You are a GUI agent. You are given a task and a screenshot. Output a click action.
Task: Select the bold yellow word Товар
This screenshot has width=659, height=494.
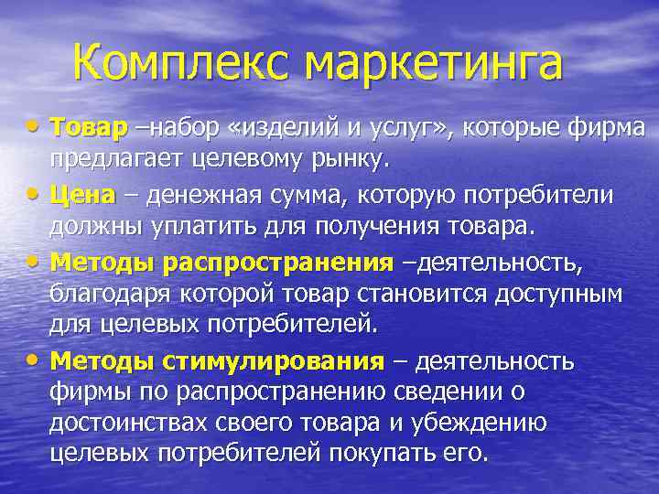pos(89,129)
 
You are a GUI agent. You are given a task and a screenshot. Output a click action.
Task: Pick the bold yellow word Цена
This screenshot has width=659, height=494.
pos(82,195)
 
